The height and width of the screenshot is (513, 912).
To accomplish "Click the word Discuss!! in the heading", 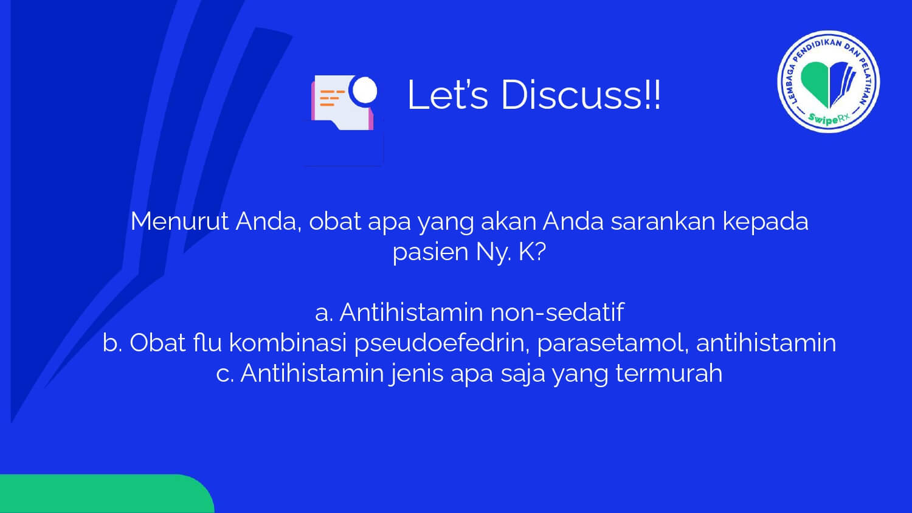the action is tap(581, 95).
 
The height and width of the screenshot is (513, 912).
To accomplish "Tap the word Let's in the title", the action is tap(447, 95).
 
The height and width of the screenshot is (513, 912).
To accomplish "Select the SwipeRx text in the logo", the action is tap(829, 118).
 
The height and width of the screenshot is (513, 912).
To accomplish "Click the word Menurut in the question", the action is tap(179, 221).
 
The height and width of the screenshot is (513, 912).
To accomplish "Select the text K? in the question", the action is tap(532, 252).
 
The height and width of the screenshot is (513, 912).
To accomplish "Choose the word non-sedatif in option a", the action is tap(558, 312).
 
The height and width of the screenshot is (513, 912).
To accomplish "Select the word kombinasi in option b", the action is tap(288, 342).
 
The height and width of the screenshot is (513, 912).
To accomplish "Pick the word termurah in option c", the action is tap(669, 373).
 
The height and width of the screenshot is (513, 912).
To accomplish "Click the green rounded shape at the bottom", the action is tap(106, 494).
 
